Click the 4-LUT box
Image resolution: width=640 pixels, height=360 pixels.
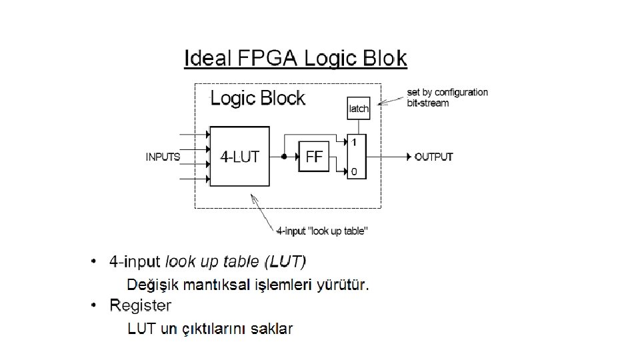tap(240, 157)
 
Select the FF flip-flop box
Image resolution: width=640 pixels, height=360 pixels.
tap(314, 157)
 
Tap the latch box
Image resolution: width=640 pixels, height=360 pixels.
tap(358, 109)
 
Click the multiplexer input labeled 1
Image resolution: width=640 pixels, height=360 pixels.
tap(354, 142)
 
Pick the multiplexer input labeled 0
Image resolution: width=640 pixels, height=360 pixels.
tap(354, 172)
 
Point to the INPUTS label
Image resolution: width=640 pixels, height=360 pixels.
tap(163, 157)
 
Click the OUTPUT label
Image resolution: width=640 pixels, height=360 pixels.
tap(434, 157)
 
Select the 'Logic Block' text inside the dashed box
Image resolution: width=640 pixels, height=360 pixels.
tap(257, 98)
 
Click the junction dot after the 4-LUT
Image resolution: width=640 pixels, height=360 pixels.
tap(284, 157)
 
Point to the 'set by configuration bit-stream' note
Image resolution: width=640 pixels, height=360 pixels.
tap(447, 97)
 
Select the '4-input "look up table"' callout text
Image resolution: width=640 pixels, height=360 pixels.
tap(323, 231)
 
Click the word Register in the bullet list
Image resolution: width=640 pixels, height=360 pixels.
tap(140, 305)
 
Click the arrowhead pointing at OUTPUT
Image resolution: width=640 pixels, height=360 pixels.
tap(409, 157)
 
